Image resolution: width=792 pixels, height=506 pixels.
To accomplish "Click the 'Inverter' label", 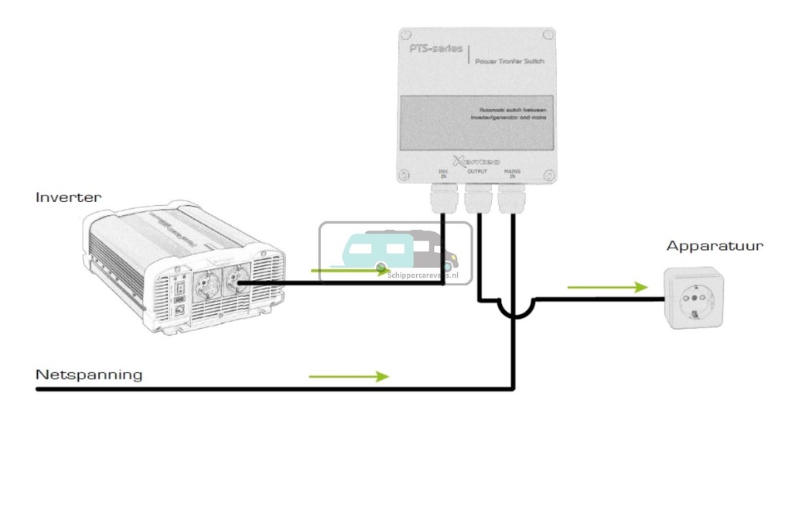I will [x=68, y=197].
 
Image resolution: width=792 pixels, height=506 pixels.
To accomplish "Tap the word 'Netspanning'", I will [x=89, y=374].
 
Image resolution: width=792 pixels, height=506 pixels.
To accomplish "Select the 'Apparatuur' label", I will [x=715, y=246].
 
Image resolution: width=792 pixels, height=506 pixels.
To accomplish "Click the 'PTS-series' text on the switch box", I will [x=436, y=49].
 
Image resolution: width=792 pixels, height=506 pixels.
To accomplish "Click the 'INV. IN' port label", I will [x=443, y=174].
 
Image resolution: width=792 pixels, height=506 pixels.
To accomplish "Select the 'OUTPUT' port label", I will [x=477, y=171].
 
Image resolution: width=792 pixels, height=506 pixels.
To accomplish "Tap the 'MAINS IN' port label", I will [x=511, y=174].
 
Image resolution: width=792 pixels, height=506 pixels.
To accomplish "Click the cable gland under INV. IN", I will [x=443, y=202].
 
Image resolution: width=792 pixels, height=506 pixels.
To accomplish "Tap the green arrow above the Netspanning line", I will [x=348, y=376].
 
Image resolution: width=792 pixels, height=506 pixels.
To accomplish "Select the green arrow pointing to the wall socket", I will [x=607, y=287].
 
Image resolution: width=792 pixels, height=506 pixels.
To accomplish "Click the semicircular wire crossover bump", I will [x=514, y=309].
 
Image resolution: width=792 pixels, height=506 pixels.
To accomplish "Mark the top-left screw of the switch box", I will [x=405, y=35].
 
